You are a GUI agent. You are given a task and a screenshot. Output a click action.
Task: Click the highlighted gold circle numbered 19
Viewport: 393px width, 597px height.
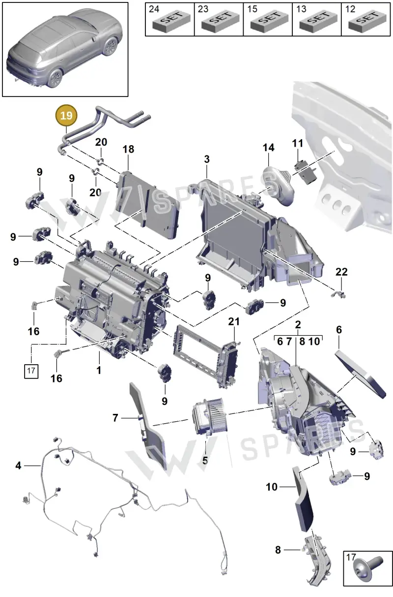[x=66, y=116]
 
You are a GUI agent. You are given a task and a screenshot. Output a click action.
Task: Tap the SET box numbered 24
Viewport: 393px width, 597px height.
[x=170, y=20]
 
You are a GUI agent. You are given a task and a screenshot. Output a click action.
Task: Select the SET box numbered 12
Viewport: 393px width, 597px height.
[x=365, y=20]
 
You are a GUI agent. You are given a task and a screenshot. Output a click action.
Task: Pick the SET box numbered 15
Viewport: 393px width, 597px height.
[x=268, y=20]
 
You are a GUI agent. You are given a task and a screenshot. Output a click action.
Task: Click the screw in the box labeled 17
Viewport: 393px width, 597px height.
[x=368, y=570]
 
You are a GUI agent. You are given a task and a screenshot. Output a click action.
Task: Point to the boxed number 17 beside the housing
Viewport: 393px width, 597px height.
[x=31, y=371]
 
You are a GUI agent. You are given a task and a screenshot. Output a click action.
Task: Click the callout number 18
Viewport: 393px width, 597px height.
[x=128, y=149]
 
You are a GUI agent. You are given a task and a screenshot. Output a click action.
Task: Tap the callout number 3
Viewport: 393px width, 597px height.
[x=207, y=159]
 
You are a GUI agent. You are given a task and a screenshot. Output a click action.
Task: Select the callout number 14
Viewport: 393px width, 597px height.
[x=268, y=148]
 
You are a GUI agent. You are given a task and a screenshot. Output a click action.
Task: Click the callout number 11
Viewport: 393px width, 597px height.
[x=298, y=143]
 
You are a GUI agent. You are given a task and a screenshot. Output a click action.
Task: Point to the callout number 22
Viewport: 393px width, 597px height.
[x=341, y=272]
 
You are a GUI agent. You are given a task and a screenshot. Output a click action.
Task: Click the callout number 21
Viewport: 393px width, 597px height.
[x=234, y=322]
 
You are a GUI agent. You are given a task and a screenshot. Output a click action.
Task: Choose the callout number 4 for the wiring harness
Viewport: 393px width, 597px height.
[x=18, y=465]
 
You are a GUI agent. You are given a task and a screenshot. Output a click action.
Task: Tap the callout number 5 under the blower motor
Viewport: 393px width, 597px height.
[x=205, y=460]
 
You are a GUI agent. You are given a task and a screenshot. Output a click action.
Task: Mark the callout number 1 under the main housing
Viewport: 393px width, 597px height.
[x=99, y=370]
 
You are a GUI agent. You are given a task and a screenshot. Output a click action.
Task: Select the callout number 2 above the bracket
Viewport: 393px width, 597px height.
[x=298, y=324]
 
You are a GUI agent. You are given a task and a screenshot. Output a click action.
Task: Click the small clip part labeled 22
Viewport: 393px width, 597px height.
[x=338, y=294]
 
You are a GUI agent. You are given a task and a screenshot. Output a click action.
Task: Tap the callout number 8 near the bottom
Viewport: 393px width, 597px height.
[x=278, y=550]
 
